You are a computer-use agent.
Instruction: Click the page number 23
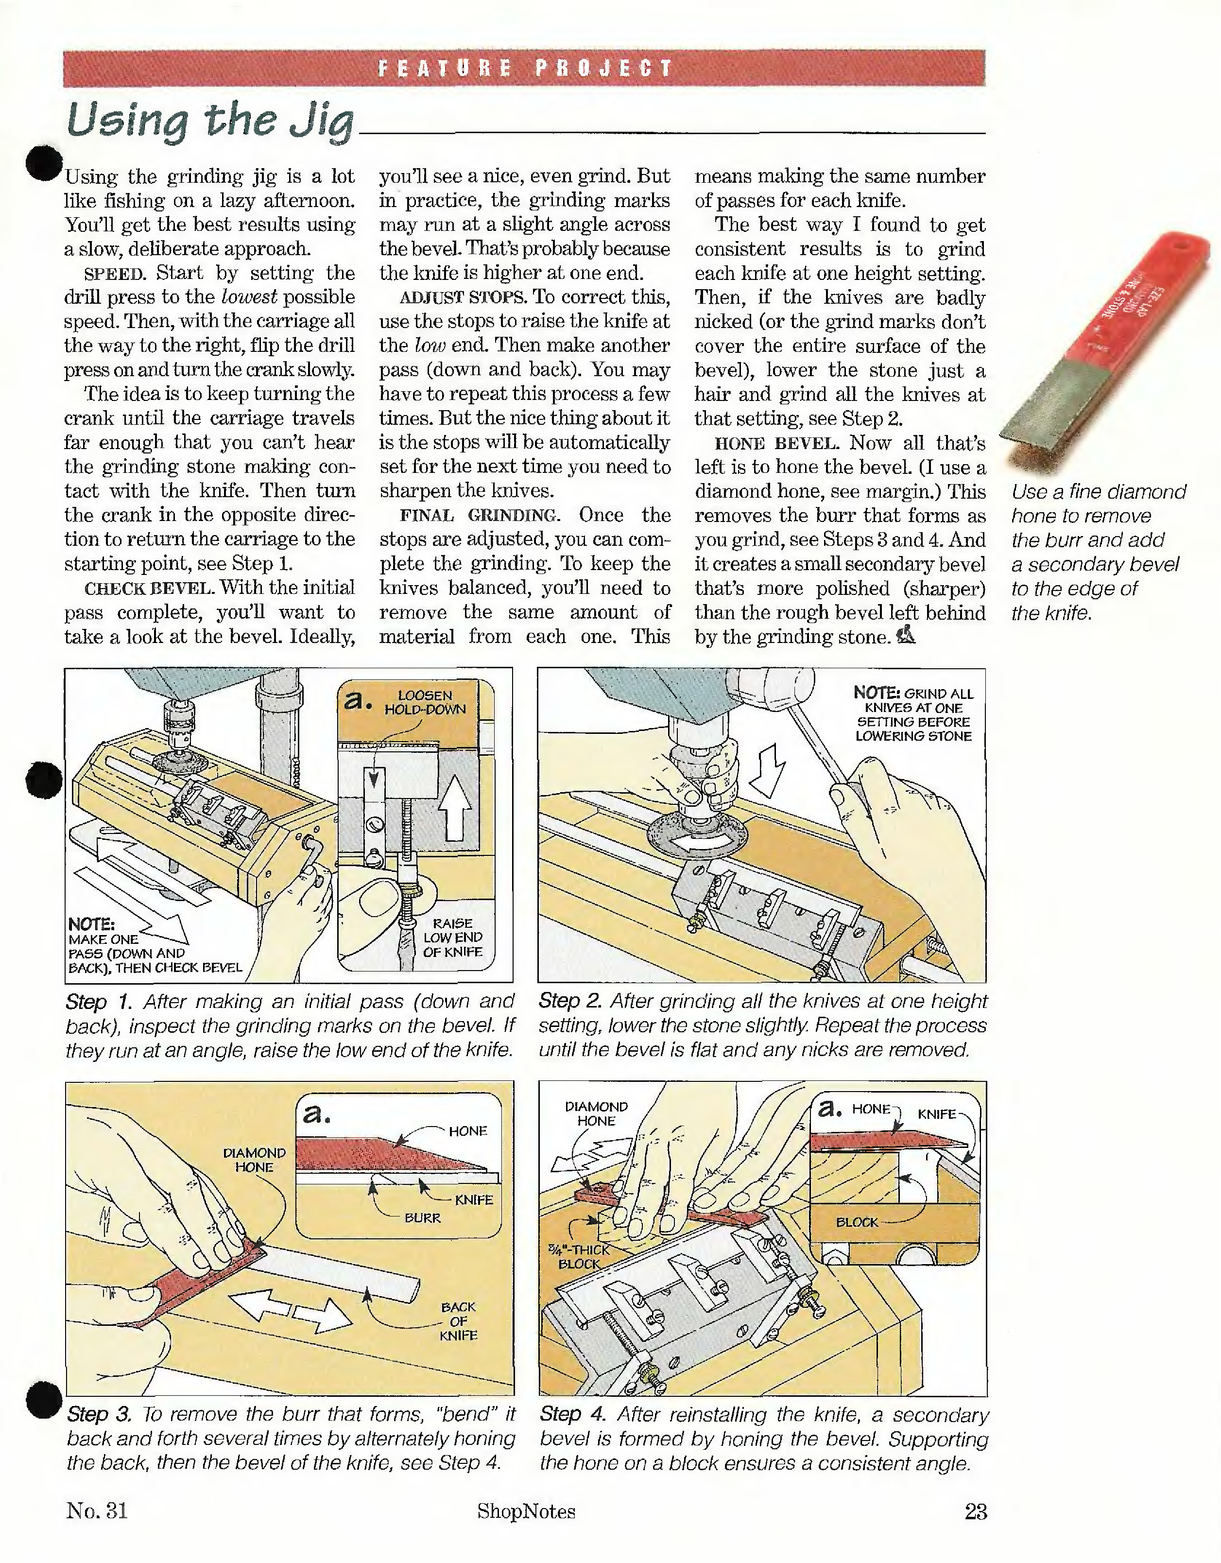(x=976, y=1511)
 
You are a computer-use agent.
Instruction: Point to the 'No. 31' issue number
(x=97, y=1511)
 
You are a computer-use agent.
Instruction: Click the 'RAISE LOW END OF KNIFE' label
(x=453, y=938)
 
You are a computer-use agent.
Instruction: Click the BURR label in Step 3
(x=422, y=1218)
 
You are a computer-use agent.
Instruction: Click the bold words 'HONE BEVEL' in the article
(x=776, y=444)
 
